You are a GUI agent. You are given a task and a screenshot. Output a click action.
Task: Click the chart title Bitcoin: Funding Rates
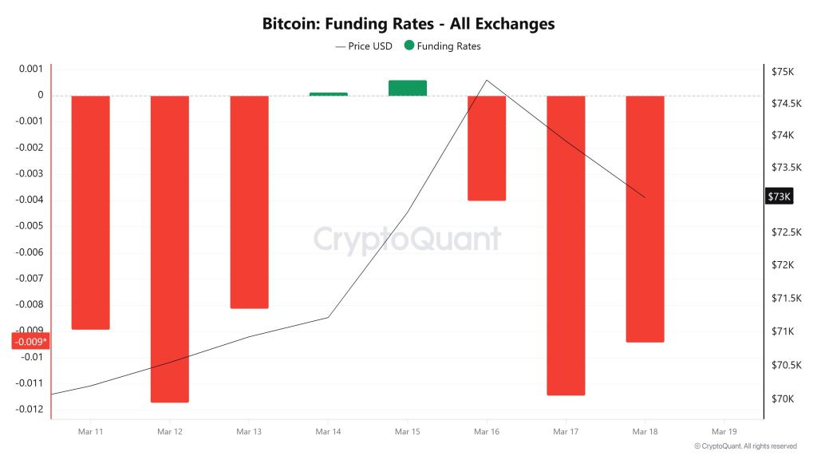click(x=408, y=24)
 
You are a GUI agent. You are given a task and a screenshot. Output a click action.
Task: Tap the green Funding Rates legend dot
click(x=409, y=46)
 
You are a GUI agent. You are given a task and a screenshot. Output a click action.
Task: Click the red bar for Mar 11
click(x=90, y=212)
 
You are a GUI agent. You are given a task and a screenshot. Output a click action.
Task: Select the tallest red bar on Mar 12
click(x=169, y=248)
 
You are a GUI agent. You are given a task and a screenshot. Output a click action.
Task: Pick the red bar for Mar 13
click(x=249, y=202)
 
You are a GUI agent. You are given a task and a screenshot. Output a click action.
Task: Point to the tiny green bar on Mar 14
click(x=328, y=94)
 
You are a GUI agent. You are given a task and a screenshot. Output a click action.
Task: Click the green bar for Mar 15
click(x=408, y=88)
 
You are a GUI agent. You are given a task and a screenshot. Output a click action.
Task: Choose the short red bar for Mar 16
click(x=487, y=148)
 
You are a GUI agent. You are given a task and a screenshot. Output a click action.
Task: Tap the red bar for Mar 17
click(x=566, y=245)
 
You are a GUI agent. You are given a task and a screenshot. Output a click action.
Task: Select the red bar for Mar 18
click(x=645, y=219)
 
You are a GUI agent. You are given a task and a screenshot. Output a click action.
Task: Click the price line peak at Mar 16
click(x=487, y=80)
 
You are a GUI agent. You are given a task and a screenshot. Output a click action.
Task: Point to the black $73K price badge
click(x=778, y=196)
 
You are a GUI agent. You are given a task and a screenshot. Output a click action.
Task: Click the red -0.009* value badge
click(x=30, y=342)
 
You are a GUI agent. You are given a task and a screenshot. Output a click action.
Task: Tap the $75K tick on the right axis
click(x=782, y=72)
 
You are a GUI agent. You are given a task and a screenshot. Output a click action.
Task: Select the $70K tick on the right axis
click(x=782, y=399)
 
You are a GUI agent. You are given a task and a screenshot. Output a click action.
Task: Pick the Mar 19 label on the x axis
click(x=724, y=431)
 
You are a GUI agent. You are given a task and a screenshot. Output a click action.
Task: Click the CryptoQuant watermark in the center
click(x=408, y=239)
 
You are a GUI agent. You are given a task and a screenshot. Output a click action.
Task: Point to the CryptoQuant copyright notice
click(x=745, y=446)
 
